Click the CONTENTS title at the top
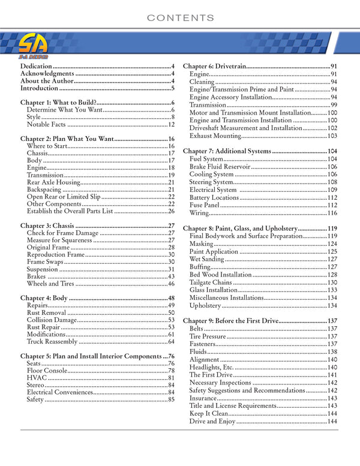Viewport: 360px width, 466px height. tap(180, 19)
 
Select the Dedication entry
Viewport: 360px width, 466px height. tap(35, 66)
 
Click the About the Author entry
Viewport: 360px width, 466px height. tap(47, 81)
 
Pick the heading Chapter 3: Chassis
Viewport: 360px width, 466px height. tap(47, 226)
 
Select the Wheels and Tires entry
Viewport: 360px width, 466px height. tap(51, 284)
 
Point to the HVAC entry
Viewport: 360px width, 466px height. tap(37, 378)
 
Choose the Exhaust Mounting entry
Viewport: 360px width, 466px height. tap(219, 136)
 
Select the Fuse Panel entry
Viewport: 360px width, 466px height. tap(205, 205)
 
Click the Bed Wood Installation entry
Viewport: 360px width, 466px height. tap(220, 275)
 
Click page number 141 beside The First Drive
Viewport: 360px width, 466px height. tap(332, 375)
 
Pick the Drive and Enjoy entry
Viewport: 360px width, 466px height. tap(212, 422)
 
